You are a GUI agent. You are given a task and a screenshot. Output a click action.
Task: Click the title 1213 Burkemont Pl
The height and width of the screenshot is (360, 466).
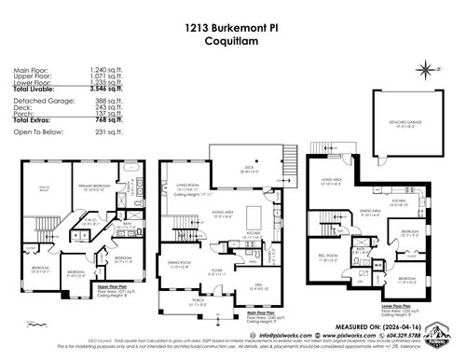[x=232, y=28]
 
